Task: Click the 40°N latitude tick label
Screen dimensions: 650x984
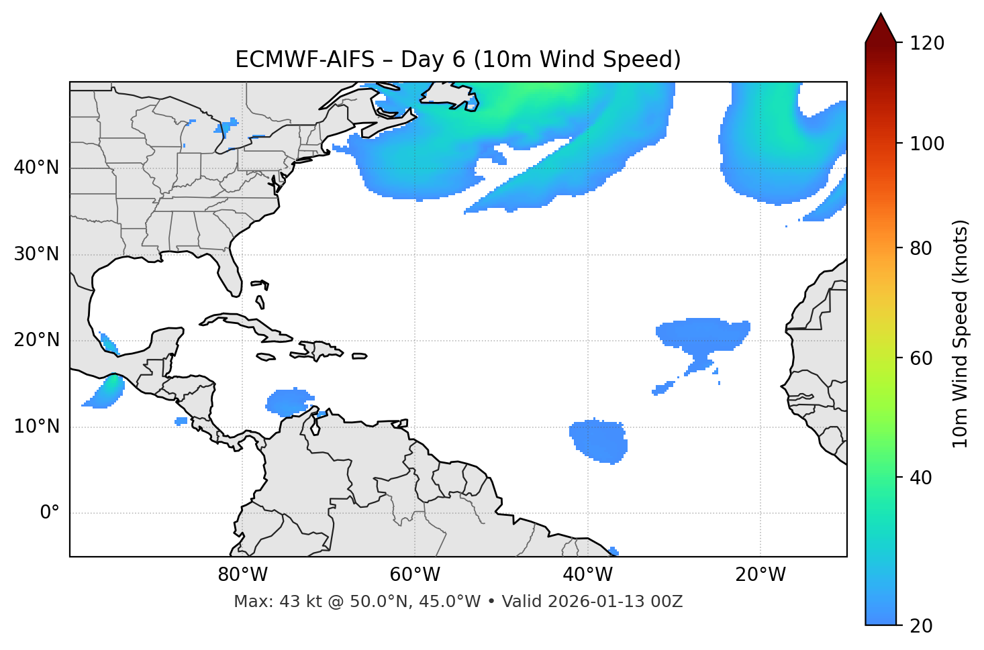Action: (x=36, y=167)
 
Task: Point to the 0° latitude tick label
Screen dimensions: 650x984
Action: (x=49, y=513)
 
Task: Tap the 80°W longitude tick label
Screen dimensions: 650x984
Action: (x=242, y=575)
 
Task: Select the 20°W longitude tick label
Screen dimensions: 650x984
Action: (x=760, y=575)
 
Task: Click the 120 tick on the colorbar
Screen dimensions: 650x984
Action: (x=927, y=43)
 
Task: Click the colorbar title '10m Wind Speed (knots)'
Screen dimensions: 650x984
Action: (x=960, y=333)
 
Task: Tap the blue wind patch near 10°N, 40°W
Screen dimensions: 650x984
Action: (x=599, y=441)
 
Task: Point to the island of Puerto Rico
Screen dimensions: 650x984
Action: (x=359, y=356)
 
